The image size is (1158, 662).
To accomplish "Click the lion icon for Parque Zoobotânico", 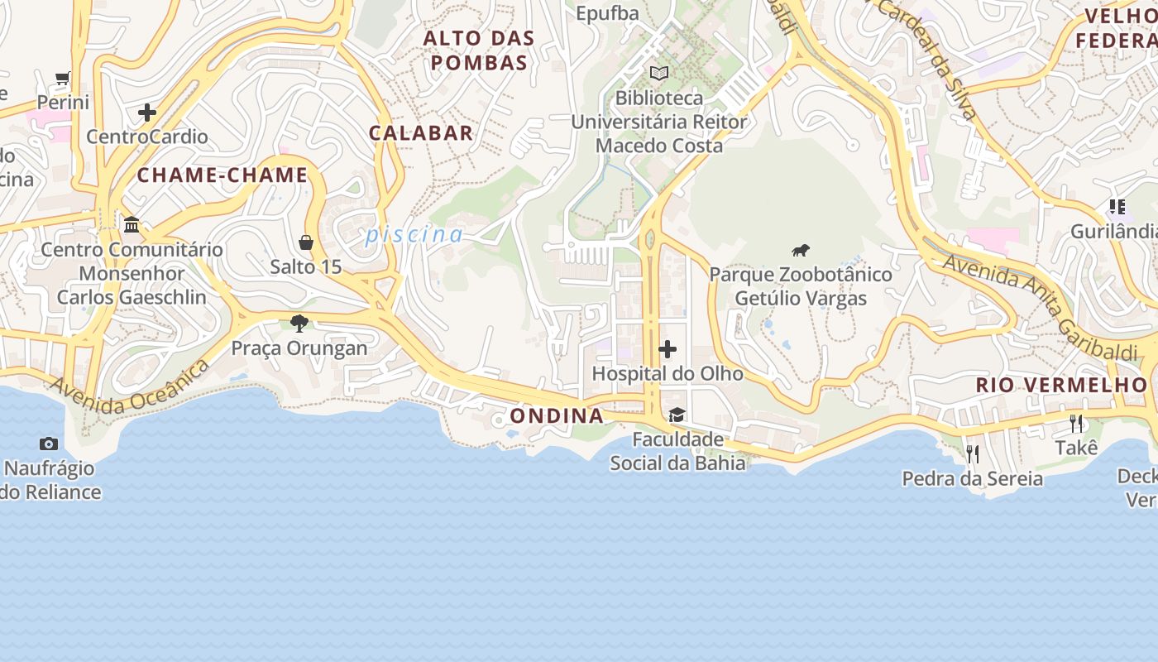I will (800, 250).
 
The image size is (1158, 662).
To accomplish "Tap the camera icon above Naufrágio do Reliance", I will (49, 444).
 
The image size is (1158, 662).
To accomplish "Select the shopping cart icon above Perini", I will (63, 79).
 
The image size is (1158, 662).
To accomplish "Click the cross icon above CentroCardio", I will (147, 113).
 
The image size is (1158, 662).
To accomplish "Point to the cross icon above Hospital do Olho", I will (668, 349).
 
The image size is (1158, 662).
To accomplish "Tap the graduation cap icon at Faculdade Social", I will (677, 415).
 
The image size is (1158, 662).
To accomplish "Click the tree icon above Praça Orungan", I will (299, 324).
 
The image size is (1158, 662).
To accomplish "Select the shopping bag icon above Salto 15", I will (306, 242).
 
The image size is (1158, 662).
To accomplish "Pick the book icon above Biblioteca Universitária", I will (659, 74).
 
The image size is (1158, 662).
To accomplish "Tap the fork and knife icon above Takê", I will (1076, 424).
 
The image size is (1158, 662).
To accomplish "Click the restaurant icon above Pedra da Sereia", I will (973, 453).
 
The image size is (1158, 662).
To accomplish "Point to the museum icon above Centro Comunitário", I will (132, 225).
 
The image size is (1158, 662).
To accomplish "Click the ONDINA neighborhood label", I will (557, 415).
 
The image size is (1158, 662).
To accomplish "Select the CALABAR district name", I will (421, 132).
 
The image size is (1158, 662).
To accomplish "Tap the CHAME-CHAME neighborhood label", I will (223, 175).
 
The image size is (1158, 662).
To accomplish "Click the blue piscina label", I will (414, 235).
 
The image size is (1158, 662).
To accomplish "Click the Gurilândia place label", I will (1113, 231).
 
